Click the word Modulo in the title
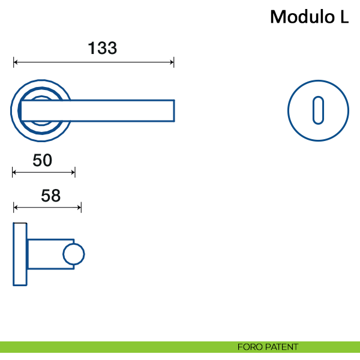(298, 17)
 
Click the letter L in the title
(343, 17)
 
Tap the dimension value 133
(102, 48)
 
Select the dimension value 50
(43, 160)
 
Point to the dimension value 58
(51, 196)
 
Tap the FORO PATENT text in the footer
(268, 347)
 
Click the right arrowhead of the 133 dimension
(172, 62)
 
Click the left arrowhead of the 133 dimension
(16, 62)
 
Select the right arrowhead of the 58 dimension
(79, 208)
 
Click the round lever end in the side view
(74, 254)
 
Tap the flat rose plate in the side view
(20, 254)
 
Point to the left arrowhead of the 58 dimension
(16, 208)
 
